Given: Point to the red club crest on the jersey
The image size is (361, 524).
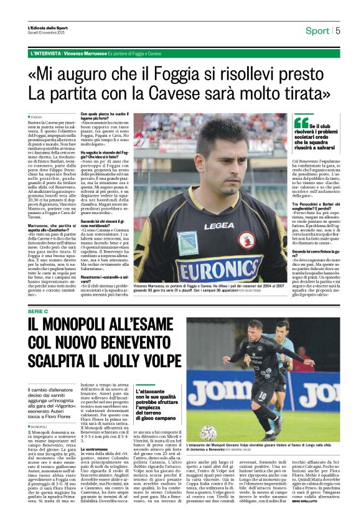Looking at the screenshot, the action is tap(248, 238).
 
